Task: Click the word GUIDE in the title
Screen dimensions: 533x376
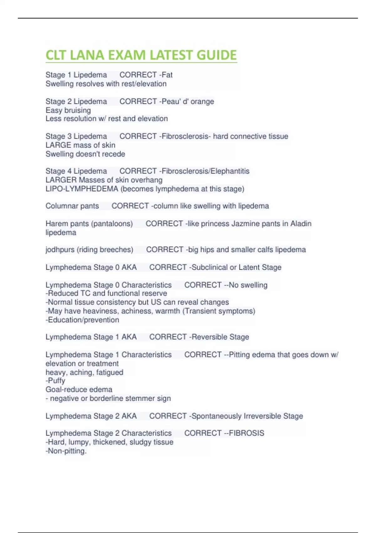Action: coord(217,55)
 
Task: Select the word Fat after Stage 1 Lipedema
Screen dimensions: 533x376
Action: coord(167,75)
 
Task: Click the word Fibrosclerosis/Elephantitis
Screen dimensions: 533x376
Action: coord(206,171)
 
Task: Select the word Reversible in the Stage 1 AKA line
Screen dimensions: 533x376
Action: coord(209,337)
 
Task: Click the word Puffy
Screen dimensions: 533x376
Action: coord(56,381)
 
